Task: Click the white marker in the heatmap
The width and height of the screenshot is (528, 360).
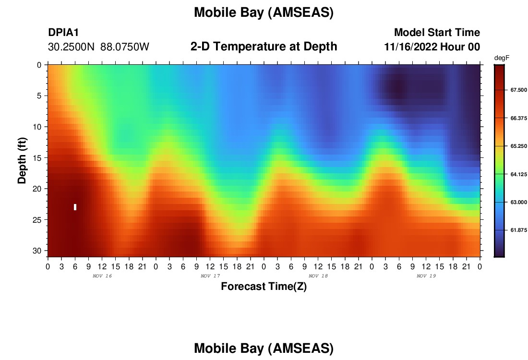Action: [75, 207]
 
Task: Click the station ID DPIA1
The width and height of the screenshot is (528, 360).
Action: [63, 32]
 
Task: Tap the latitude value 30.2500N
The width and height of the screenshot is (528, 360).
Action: [72, 47]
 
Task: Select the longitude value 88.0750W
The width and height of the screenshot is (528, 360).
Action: [125, 47]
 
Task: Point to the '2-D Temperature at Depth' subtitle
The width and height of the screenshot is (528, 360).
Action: [264, 47]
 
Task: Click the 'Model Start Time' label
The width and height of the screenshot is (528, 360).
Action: [437, 32]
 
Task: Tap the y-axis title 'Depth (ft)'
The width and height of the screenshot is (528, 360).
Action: [22, 161]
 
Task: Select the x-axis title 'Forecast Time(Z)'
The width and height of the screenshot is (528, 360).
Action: [264, 286]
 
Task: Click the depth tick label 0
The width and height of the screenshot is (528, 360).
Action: [39, 65]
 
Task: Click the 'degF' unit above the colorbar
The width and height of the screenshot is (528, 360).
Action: [502, 58]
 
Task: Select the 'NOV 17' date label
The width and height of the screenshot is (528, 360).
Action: [210, 276]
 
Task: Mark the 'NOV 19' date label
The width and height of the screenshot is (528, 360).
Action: [426, 276]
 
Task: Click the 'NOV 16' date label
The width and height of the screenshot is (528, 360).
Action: [102, 276]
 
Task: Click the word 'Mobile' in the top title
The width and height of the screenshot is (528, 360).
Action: [214, 12]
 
